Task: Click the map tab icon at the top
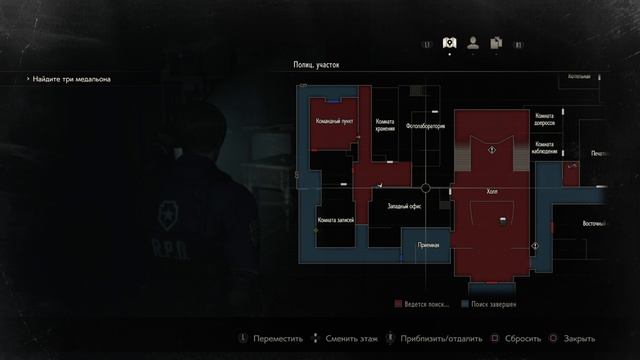(x=449, y=43)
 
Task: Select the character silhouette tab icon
(x=472, y=43)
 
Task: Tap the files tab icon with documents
(x=495, y=43)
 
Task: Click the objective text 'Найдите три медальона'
(x=70, y=79)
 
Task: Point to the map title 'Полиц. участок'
(x=316, y=65)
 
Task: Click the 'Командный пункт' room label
(x=334, y=121)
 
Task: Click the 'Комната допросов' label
(x=545, y=121)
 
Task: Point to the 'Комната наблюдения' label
(x=545, y=148)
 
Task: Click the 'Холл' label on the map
(x=491, y=186)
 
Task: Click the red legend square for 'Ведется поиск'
(x=399, y=301)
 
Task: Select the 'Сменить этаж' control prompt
(x=341, y=339)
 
